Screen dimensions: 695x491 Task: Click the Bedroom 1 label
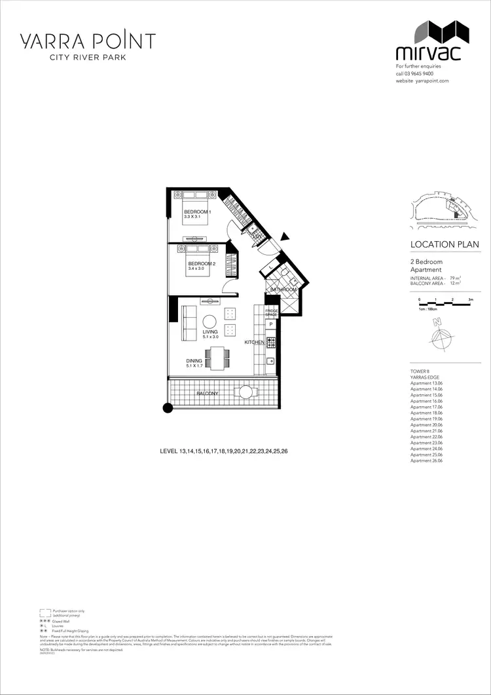coord(196,212)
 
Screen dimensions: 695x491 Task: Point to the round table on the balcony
coord(245,393)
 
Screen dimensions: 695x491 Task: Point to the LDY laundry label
coord(257,236)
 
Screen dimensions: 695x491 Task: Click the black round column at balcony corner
coord(168,408)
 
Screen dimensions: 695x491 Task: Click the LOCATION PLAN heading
coord(444,244)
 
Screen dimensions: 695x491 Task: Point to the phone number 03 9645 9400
coord(419,73)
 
